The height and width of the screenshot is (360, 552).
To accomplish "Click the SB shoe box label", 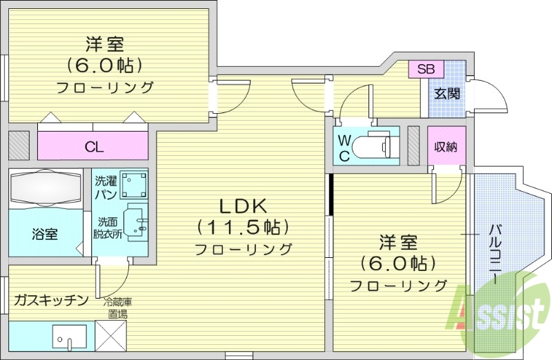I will [x=426, y=69].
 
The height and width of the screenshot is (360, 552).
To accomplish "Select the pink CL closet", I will [x=94, y=146].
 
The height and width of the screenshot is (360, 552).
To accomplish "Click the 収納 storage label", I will [x=445, y=146].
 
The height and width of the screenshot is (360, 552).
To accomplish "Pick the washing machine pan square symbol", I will [x=134, y=185].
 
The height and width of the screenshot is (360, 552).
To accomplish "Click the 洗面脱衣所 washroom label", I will [x=108, y=228].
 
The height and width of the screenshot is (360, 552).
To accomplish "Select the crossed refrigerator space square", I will [x=110, y=337].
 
